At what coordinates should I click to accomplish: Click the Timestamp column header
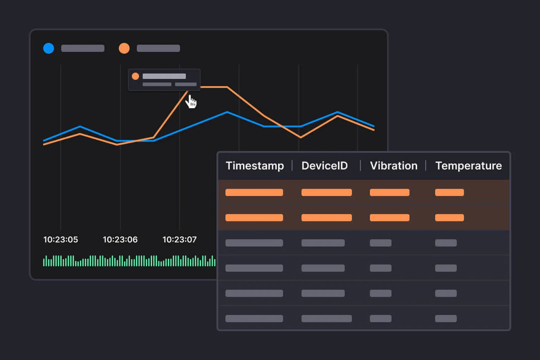255,165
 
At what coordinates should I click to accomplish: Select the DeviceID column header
324,165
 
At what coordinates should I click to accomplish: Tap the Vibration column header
394,165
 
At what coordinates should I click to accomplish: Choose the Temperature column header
468,165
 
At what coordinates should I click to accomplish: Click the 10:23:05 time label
61,240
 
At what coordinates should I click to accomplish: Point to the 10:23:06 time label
120,240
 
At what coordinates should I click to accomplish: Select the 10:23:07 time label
179,240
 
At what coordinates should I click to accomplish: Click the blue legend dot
49,48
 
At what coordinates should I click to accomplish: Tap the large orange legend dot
124,48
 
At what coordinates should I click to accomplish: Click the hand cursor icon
191,102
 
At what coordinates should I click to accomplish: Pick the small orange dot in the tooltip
135,76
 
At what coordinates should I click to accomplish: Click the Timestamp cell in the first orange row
254,192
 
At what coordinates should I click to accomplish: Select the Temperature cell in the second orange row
449,217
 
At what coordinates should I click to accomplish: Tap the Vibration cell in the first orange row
390,192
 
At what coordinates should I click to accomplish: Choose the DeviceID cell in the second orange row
327,217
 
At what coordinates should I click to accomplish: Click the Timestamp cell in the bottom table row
254,318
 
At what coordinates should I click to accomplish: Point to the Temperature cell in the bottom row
446,318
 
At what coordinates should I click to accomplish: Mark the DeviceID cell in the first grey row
323,243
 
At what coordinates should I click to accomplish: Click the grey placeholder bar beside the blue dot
83,48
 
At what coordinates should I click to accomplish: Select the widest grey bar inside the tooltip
164,76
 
